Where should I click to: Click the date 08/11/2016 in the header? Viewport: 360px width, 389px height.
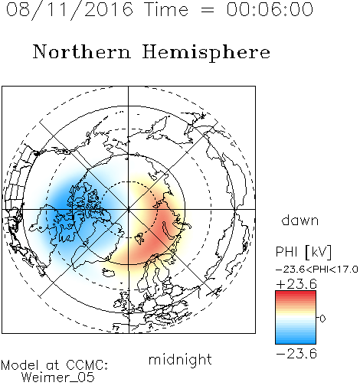click(69, 10)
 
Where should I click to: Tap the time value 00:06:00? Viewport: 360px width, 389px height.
click(270, 9)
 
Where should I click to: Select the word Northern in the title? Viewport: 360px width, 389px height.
click(82, 51)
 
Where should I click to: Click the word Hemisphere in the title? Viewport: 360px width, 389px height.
click(206, 53)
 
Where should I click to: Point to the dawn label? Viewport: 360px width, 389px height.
click(300, 220)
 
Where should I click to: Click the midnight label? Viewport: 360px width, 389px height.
click(180, 359)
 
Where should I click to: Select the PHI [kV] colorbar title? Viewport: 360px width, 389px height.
click(303, 252)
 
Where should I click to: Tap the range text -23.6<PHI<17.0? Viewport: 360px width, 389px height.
click(317, 270)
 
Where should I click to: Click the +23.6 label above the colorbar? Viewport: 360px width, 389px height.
click(296, 284)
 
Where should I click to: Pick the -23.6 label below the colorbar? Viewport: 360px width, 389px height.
click(296, 354)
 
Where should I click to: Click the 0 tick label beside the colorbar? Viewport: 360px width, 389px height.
click(322, 319)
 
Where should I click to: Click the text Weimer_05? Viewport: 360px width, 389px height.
click(58, 378)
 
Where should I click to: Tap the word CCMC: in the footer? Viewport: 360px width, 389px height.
click(87, 365)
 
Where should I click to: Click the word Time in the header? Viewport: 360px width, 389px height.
click(166, 9)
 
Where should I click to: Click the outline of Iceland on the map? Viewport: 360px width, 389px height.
click(109, 273)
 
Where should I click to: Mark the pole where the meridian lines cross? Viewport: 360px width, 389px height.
click(129, 209)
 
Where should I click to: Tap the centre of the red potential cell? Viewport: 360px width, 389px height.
click(159, 224)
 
